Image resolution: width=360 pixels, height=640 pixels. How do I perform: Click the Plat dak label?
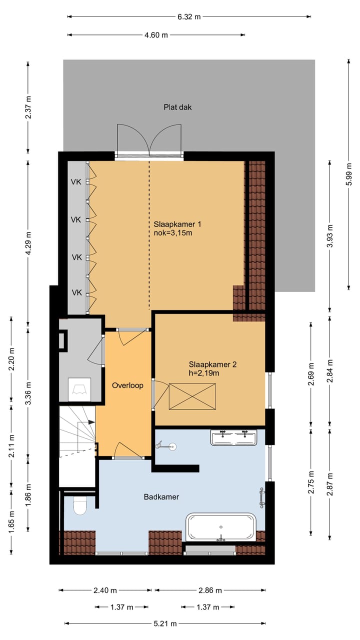(x=177, y=107)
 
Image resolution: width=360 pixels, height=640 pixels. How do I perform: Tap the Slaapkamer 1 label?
(x=177, y=224)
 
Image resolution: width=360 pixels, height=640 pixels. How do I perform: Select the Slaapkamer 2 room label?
(x=212, y=364)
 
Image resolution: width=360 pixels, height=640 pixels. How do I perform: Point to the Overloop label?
(x=127, y=385)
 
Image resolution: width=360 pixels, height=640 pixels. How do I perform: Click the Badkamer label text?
(x=161, y=497)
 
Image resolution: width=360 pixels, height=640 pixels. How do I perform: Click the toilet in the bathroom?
(x=79, y=505)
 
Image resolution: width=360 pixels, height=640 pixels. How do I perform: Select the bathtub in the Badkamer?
(x=221, y=527)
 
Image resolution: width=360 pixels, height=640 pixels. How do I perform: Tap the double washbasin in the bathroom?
(x=233, y=437)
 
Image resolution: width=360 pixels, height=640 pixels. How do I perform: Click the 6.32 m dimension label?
(x=189, y=17)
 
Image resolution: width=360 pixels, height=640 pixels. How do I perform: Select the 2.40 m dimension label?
(x=105, y=590)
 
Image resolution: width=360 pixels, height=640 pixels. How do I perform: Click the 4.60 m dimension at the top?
(x=156, y=35)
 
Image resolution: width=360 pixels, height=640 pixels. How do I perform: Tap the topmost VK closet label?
(x=76, y=182)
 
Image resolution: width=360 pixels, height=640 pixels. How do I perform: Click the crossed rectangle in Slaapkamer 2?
(x=192, y=396)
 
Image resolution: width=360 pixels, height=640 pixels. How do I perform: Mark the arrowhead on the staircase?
(x=91, y=422)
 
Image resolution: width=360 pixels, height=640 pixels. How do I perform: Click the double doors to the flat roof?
(x=149, y=140)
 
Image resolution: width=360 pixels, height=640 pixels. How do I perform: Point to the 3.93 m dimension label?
(x=330, y=236)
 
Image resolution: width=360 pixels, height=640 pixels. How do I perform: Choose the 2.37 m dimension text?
(x=28, y=107)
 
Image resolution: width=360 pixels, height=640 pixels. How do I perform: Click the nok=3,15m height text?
(x=173, y=233)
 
